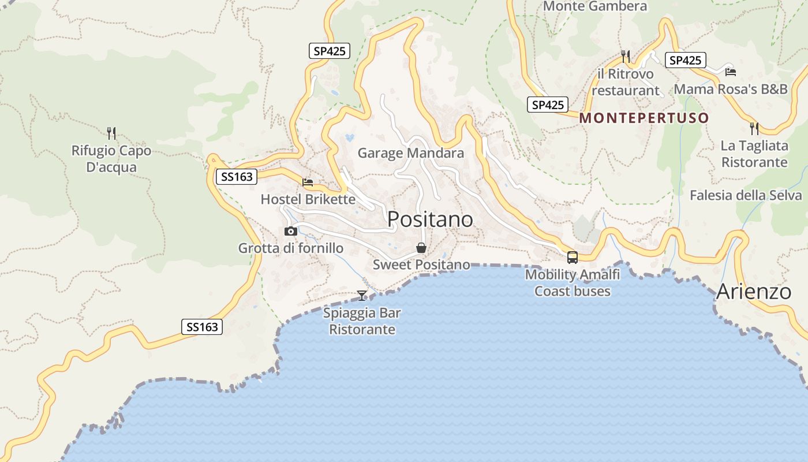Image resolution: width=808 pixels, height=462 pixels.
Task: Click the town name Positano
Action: pos(430,219)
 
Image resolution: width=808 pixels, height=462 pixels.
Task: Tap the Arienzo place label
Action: pos(753,292)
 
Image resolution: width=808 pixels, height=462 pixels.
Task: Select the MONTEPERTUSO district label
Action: pos(644,118)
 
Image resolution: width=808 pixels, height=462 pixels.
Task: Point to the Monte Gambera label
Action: pos(595,6)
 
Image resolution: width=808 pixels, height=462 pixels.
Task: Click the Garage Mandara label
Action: pos(410,153)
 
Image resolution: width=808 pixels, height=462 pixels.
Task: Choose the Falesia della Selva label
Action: pos(746,195)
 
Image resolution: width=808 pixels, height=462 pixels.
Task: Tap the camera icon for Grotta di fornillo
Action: pos(291,232)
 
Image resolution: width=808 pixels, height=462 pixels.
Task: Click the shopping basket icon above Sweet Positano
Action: pos(421,248)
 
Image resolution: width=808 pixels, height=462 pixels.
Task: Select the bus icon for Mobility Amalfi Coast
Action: pos(573,258)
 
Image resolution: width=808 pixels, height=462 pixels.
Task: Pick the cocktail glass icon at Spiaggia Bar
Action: pos(362,296)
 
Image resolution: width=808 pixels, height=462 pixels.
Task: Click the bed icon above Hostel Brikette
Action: pos(308,182)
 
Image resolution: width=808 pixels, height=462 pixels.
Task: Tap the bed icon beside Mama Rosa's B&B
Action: pos(731,72)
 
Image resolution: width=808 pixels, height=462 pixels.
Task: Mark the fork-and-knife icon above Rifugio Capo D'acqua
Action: pos(111,133)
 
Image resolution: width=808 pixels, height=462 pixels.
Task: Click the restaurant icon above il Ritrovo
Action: pos(626,56)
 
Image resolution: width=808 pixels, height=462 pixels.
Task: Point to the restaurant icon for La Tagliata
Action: pos(754,128)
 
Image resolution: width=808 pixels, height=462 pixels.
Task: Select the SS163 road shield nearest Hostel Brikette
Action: pos(237,177)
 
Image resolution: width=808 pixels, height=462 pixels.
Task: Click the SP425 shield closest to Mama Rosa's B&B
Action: pos(685,60)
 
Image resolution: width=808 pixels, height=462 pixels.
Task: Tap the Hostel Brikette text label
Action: pos(308,199)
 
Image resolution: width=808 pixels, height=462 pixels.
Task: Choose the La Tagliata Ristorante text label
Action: pos(754,154)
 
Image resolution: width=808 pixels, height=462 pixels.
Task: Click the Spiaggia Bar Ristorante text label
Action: pos(362,321)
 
